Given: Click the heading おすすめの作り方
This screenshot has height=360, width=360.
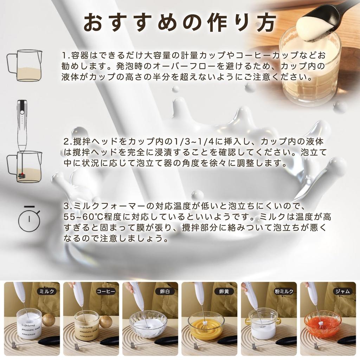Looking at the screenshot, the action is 180,23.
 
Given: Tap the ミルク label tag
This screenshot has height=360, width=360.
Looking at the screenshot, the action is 47,291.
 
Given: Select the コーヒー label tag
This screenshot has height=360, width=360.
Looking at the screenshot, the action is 105,291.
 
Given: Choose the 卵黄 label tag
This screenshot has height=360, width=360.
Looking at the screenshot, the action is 224,291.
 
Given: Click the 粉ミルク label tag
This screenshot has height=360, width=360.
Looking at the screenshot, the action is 284,291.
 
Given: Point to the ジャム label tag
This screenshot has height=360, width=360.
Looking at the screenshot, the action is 343,291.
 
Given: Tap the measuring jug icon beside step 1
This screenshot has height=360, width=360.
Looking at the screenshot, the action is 24,65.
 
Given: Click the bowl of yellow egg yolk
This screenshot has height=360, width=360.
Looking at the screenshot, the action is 206,324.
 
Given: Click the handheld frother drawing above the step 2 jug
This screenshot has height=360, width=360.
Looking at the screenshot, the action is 22,125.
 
